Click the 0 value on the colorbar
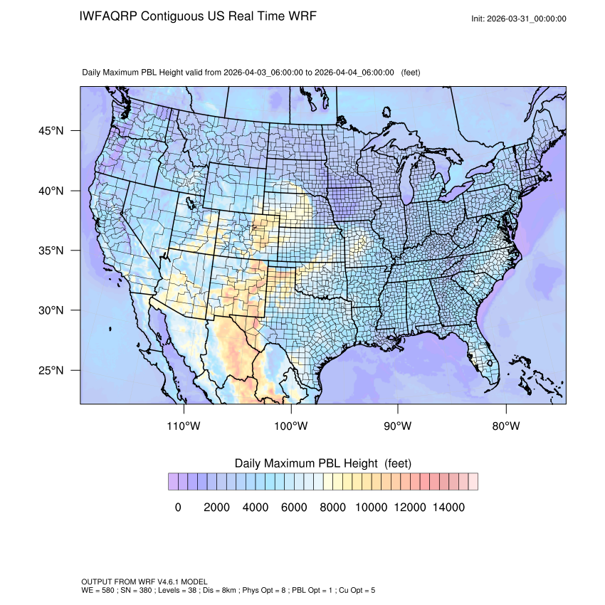pyautogui.click(x=178, y=507)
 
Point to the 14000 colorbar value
pyautogui.click(x=449, y=507)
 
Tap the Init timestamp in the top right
pyautogui.click(x=519, y=19)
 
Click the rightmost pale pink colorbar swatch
pyautogui.click(x=473, y=481)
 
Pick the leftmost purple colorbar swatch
pyautogui.click(x=173, y=481)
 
